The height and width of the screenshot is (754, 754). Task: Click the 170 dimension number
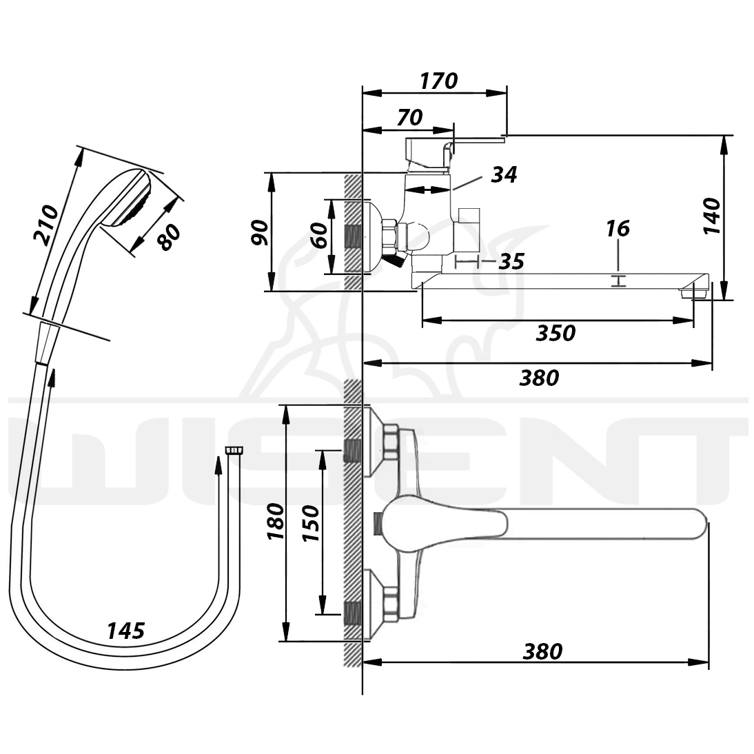[x=438, y=81]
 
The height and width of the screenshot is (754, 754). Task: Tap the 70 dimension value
[x=409, y=117]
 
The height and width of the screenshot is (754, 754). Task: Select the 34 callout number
[x=503, y=174]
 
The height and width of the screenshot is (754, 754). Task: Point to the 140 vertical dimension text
[x=712, y=216]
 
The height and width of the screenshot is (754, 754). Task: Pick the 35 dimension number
[x=511, y=262]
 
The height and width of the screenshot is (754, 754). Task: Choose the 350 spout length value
[x=556, y=333]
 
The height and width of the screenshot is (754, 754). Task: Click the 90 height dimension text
[x=261, y=232]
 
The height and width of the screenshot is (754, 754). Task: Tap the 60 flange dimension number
[x=319, y=235]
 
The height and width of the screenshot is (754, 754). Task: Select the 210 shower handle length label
[x=46, y=225]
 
